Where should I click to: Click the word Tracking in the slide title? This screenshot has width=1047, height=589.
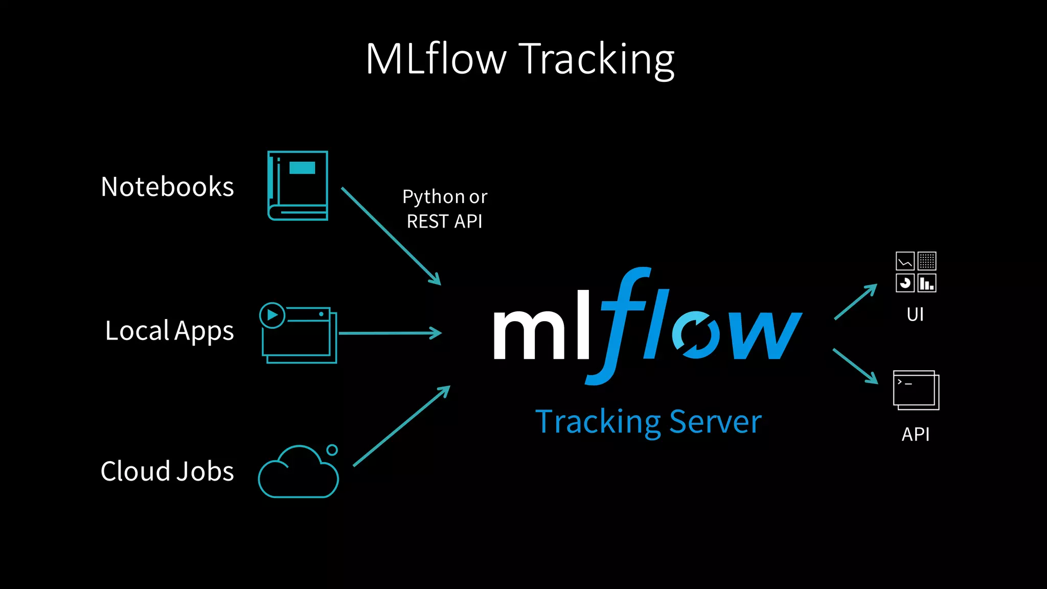(x=597, y=60)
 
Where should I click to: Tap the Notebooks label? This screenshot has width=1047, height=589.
(x=167, y=187)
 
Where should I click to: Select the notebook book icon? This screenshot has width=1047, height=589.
(x=298, y=186)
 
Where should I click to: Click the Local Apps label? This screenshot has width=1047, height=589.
(x=169, y=331)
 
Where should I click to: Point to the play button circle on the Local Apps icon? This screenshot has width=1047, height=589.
(x=272, y=315)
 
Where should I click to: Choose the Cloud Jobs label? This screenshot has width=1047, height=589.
(x=167, y=471)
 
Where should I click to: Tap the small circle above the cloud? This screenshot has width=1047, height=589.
(x=332, y=450)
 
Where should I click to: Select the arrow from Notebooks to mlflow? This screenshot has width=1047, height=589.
(x=391, y=236)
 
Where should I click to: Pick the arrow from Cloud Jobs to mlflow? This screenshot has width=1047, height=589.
(x=401, y=426)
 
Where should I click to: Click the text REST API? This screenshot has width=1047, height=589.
(x=444, y=222)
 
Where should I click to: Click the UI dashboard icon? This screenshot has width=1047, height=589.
(x=916, y=272)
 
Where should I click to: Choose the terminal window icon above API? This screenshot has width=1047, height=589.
(x=916, y=390)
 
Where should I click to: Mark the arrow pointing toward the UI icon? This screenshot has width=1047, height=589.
(x=855, y=302)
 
